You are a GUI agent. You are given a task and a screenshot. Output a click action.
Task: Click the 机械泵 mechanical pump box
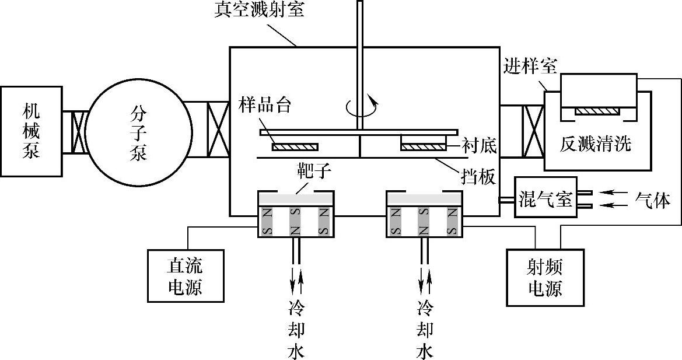tap(32, 131)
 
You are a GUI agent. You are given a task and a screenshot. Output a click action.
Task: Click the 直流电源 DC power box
tap(186, 276)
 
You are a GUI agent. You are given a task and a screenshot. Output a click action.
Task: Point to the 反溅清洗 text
tap(596, 144)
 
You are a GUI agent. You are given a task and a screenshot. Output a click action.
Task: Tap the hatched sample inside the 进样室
tap(598, 110)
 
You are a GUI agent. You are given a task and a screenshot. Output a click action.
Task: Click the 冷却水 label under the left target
tap(296, 329)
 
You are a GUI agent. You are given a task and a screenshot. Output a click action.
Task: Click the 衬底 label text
tap(478, 145)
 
